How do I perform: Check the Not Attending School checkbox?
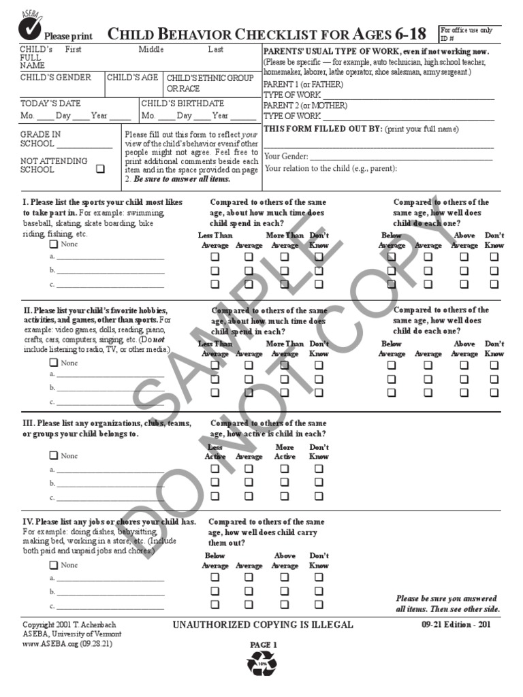(x=101, y=169)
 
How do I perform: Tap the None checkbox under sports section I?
(x=53, y=244)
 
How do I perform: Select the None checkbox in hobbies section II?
(x=53, y=363)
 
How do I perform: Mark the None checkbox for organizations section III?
(x=53, y=455)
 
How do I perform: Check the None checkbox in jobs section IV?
(x=53, y=565)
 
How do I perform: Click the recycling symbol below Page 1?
(x=261, y=662)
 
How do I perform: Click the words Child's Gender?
(x=55, y=78)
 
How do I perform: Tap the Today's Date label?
(x=50, y=103)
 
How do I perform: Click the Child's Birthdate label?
(x=183, y=103)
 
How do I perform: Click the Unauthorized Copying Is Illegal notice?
(x=264, y=625)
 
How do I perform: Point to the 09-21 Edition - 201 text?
(x=456, y=625)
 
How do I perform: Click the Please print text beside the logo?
(x=67, y=36)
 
